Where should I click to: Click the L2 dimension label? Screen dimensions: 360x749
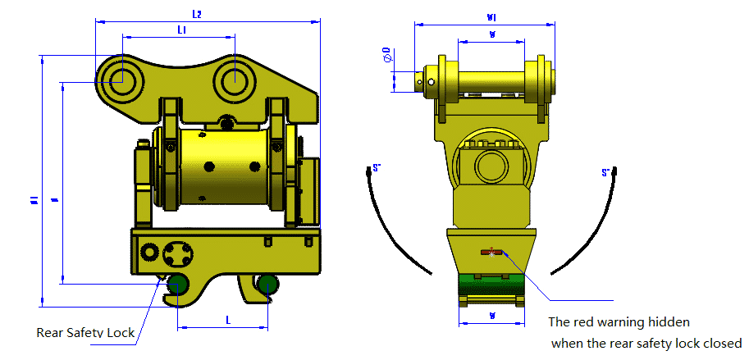197,14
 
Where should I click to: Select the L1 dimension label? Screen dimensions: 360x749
180,30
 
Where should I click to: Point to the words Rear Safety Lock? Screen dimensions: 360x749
84,333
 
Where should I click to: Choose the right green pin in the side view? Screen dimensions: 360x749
267,285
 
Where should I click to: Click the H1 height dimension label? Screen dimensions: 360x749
35,199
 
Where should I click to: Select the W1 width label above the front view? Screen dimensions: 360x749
491,16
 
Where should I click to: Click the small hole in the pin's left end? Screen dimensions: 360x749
422,80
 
